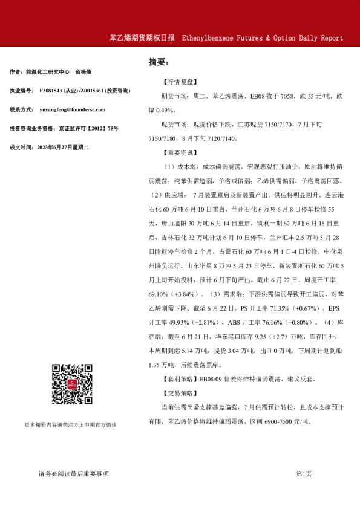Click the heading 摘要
tap(159, 62)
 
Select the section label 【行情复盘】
tap(179, 82)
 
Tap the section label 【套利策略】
tap(179, 379)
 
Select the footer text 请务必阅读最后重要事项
tap(73, 473)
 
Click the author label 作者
tap(16, 72)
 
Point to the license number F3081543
tap(52, 91)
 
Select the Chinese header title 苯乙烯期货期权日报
tap(142, 37)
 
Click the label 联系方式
tap(22, 109)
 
